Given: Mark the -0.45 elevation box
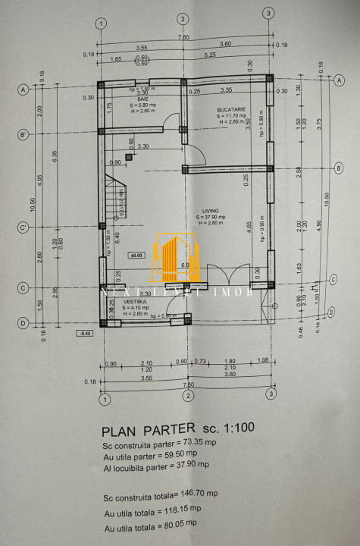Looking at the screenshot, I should (x=84, y=332).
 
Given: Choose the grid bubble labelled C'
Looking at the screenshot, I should (x=23, y=227).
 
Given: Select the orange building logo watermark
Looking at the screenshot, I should (x=176, y=256).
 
